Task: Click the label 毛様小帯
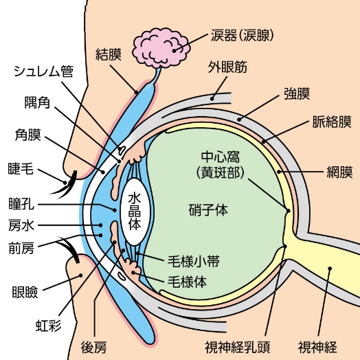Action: (194, 261)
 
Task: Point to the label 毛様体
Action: (188, 281)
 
